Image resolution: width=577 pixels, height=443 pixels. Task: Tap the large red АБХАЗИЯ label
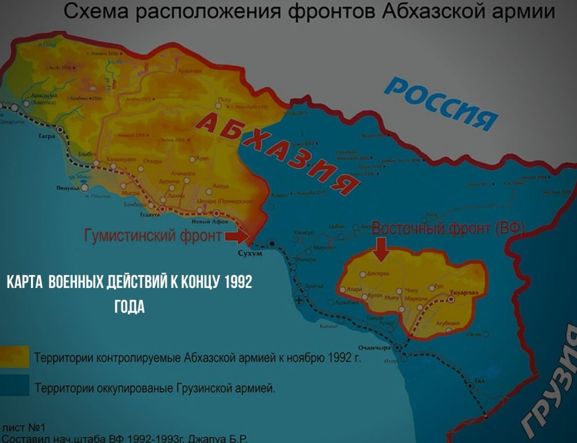tap(279, 152)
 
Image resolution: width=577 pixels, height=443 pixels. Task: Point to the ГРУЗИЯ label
tap(549, 389)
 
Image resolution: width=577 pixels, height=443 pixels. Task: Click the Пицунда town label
tap(66, 188)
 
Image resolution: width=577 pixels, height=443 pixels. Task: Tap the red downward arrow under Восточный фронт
tap(381, 250)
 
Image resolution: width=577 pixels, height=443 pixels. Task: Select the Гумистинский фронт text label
tap(153, 236)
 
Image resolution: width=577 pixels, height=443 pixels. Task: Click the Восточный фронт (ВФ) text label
tap(449, 229)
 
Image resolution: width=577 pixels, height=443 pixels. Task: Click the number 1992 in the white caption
tap(238, 282)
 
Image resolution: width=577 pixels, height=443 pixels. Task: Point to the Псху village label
tap(224, 99)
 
